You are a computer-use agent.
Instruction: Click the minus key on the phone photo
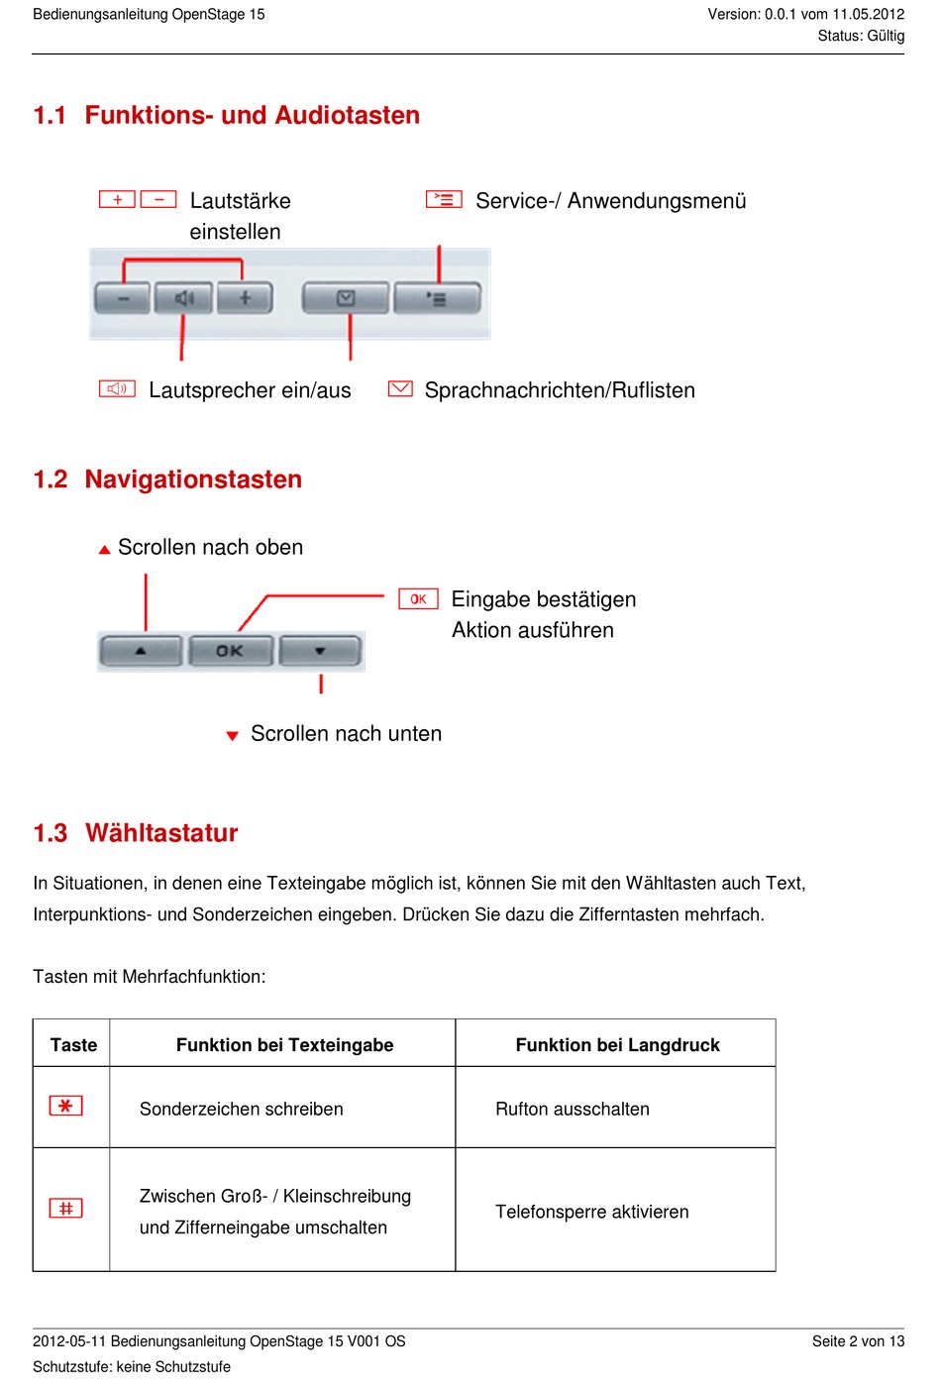(x=122, y=297)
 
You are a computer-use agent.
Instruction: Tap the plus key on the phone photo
(x=245, y=297)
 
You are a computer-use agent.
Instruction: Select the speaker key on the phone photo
(x=183, y=297)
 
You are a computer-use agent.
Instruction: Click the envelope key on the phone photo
(x=345, y=297)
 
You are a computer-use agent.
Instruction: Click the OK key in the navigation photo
(x=230, y=651)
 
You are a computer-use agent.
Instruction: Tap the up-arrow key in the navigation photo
(x=141, y=651)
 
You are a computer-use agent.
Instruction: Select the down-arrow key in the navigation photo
(x=320, y=651)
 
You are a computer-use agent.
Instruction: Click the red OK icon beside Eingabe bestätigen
(x=418, y=599)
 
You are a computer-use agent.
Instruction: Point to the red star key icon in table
(x=66, y=1106)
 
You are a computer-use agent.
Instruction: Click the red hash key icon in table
(x=66, y=1208)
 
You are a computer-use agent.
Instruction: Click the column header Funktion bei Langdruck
(x=617, y=1045)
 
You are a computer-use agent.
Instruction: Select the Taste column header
(x=73, y=1045)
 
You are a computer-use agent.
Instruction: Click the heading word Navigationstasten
(x=193, y=479)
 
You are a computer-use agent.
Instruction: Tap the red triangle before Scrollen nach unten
(x=233, y=736)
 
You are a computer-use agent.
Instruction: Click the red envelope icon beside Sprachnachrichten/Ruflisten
(x=400, y=388)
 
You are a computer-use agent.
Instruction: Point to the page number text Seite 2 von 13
(x=858, y=1341)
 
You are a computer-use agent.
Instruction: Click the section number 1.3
(x=51, y=833)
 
